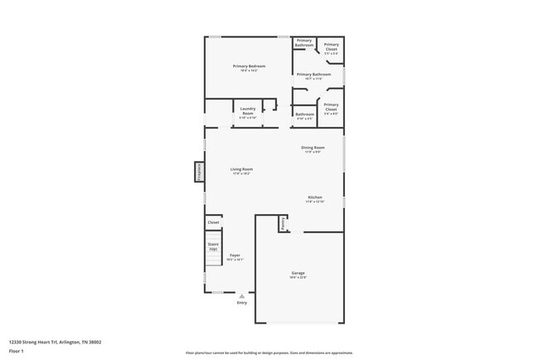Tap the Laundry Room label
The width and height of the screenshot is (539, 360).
point(248,109)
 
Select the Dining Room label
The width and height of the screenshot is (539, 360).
point(313,148)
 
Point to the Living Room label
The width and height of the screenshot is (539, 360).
point(241,169)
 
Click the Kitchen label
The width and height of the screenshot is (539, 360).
point(314,197)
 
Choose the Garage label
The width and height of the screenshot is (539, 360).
point(299,273)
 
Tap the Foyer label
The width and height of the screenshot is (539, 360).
point(235,255)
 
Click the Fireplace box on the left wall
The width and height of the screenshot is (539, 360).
point(199,172)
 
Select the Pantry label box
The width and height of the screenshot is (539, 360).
point(283,223)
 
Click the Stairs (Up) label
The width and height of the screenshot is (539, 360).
point(213,246)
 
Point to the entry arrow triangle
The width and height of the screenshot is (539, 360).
point(242,295)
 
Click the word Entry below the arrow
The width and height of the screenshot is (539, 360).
point(242,303)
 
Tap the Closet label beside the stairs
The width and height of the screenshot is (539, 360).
point(213,222)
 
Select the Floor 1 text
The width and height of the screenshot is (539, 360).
point(17,351)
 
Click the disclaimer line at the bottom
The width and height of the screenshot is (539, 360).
point(269,353)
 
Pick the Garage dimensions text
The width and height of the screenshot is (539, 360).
point(299,278)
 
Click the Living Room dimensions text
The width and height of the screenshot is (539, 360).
point(241,174)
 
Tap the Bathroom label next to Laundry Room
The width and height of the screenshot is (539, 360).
point(304,114)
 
